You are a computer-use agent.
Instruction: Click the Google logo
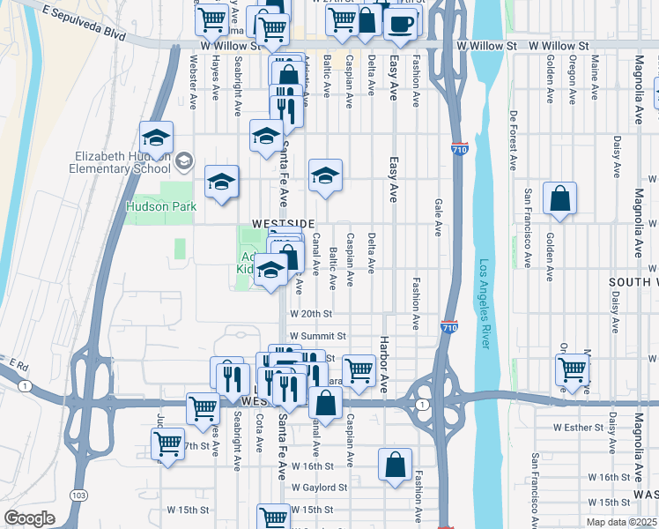(29, 518)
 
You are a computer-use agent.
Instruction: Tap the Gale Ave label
(438, 218)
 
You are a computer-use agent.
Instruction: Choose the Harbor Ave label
(384, 362)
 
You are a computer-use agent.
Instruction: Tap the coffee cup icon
(402, 24)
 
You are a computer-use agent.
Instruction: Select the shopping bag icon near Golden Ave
(560, 201)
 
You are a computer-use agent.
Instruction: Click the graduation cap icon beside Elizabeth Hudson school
(156, 139)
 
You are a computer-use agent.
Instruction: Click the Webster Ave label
(193, 82)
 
